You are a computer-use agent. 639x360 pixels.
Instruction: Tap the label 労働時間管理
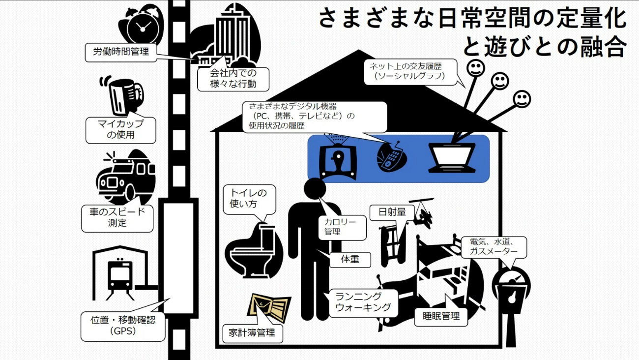click(x=120, y=52)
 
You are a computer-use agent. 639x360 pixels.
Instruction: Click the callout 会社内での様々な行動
click(x=226, y=79)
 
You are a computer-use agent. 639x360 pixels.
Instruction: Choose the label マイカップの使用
click(x=120, y=129)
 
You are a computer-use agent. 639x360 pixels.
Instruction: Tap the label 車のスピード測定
click(x=117, y=218)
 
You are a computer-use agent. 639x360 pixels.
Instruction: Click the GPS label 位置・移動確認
click(x=123, y=325)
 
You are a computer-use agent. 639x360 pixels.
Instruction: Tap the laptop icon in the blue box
click(x=452, y=157)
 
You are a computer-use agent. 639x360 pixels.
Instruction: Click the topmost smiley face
click(x=474, y=68)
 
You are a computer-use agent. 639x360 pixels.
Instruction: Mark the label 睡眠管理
click(x=441, y=316)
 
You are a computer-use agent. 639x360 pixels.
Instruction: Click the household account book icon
click(x=271, y=308)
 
